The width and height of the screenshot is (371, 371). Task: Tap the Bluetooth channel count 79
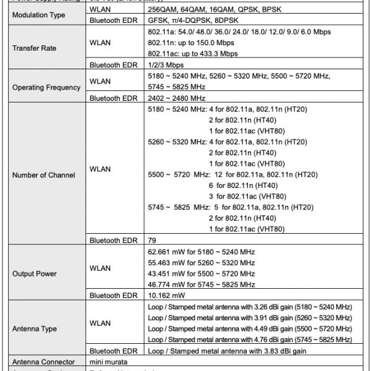pos(153,240)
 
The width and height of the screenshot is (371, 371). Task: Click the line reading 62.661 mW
pos(202,252)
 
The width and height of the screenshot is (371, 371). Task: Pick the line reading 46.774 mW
pos(202,285)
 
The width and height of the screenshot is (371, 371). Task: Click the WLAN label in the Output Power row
pos(100,268)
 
